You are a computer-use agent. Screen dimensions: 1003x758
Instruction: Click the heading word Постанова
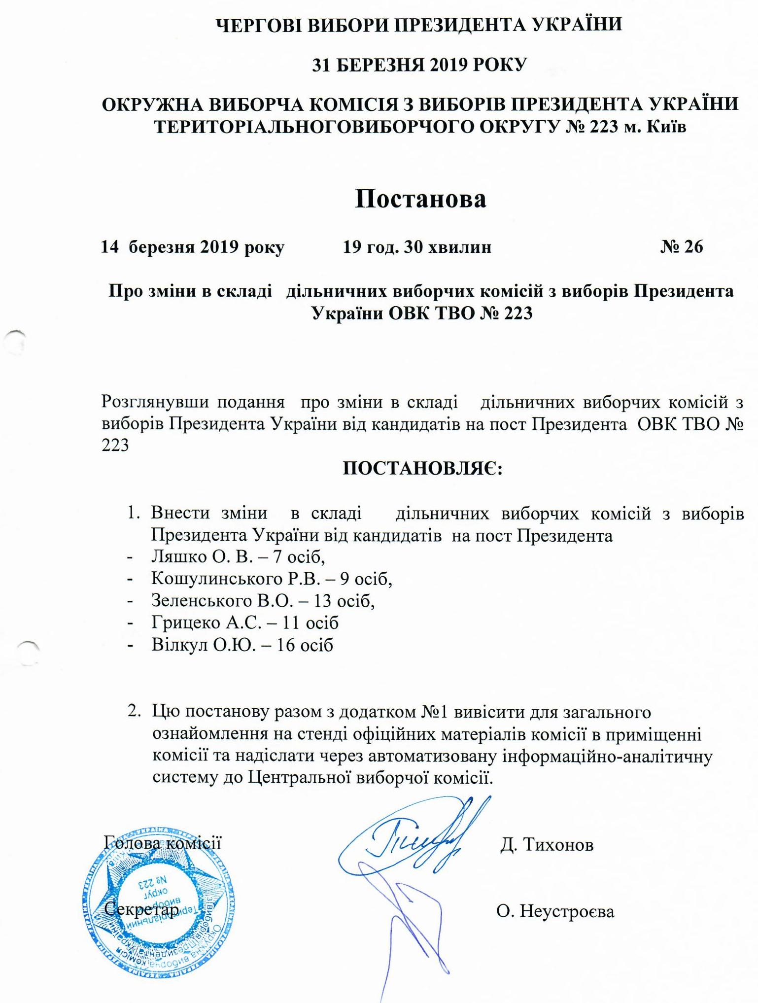pos(420,199)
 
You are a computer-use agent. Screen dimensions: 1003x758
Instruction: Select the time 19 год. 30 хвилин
pos(417,247)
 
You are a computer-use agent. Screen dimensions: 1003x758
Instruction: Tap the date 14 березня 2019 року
pos(192,247)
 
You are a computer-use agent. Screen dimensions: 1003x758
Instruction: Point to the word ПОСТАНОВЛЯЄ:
pos(422,468)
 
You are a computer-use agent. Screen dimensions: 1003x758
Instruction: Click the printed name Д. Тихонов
pos(547,845)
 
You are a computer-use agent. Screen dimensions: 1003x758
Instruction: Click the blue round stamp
pos(158,907)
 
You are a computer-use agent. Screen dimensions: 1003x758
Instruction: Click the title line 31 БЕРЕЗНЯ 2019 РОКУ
pos(420,65)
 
